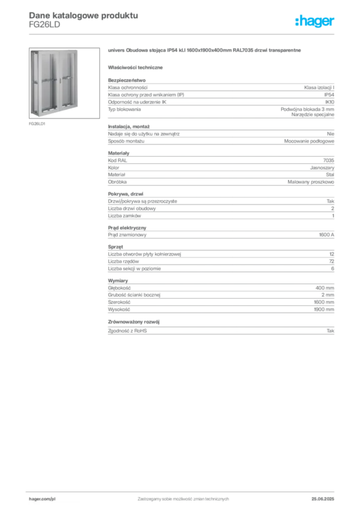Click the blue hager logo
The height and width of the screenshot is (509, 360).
point(315,22)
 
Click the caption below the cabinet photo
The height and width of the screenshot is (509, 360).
point(37,124)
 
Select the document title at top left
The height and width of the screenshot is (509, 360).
point(82,15)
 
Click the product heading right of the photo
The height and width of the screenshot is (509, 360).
point(204,51)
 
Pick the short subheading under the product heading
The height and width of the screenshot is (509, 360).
point(137,67)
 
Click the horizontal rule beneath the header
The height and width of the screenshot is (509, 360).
point(182,34)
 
